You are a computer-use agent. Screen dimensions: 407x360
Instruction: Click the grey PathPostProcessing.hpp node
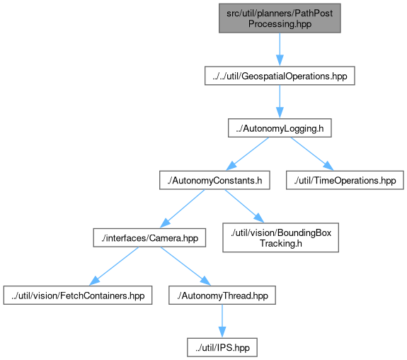coord(280,18)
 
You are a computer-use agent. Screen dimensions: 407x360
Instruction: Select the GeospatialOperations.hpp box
coord(280,76)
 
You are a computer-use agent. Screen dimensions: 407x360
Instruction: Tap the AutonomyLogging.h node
coord(280,128)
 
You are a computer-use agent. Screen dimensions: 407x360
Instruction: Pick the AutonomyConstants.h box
coord(214,180)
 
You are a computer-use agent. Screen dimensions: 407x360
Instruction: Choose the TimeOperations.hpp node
coord(345,180)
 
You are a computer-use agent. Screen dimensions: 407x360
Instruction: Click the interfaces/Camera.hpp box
coord(149,237)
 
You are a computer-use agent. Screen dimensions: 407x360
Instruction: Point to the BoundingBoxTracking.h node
coord(280,237)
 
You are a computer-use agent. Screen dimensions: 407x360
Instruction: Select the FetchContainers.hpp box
coord(78,296)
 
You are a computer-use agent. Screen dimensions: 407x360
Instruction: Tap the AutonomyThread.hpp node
coord(222,296)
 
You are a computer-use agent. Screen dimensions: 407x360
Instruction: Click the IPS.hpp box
coord(222,347)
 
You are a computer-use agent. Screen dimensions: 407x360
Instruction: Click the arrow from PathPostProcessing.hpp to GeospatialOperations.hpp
coord(280,50)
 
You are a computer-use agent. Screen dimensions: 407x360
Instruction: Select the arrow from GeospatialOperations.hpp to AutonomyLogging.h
coord(280,101)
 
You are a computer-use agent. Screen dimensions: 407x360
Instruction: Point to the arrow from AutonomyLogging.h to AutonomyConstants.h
coord(247,154)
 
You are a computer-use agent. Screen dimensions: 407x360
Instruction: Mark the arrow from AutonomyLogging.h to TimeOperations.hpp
coord(312,154)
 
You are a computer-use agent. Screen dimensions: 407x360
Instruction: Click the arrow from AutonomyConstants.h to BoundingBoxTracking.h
coord(244,206)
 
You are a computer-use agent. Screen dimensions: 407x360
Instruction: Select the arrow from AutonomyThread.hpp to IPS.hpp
coord(222,321)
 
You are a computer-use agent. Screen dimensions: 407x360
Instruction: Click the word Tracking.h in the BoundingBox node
coord(280,243)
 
